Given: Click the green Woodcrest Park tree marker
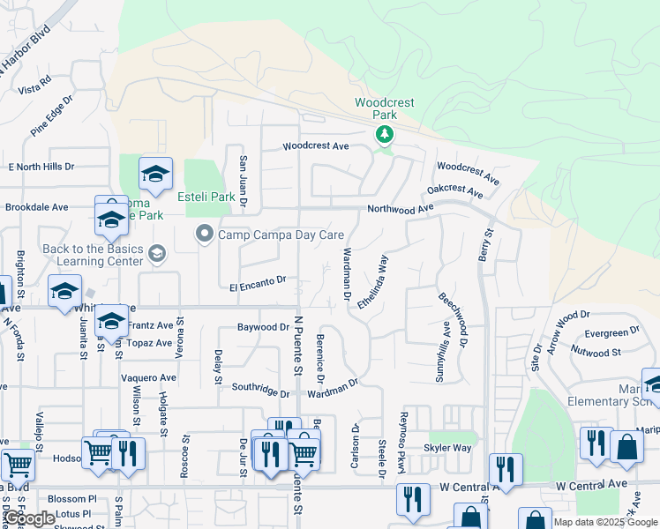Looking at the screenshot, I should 384,135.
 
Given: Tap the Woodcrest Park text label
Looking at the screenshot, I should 384,108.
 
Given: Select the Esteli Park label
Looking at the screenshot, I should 206,197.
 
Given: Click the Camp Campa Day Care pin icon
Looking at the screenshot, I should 205,235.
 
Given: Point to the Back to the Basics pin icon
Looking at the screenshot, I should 157,255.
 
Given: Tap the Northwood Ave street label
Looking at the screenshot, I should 401,209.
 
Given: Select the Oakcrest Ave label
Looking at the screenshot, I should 455,190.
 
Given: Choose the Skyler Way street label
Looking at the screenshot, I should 447,448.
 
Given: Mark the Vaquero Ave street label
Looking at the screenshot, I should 148,377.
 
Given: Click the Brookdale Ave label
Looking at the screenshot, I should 36,207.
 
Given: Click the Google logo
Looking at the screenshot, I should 29,518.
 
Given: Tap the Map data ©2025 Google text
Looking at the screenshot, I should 604,522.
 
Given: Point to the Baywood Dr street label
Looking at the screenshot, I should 263,327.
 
